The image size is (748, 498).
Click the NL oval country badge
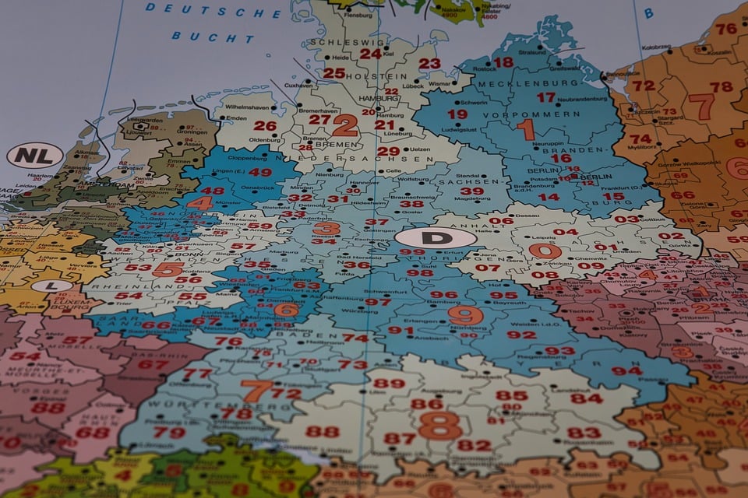point(35,156)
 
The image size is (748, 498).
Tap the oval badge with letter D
point(436,238)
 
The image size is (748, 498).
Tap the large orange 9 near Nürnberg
point(465,315)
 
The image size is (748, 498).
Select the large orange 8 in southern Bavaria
point(439,426)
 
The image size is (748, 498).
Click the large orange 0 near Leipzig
point(545,251)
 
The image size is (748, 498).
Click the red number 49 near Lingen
point(260,173)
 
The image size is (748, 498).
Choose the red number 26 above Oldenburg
point(265,126)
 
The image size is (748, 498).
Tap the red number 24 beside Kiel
point(370,54)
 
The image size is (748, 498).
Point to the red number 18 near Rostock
point(503,62)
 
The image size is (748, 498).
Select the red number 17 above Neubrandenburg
point(545,97)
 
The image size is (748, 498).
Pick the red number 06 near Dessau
point(502,221)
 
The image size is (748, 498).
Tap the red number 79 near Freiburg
point(169,433)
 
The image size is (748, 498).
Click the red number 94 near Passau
point(626,370)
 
